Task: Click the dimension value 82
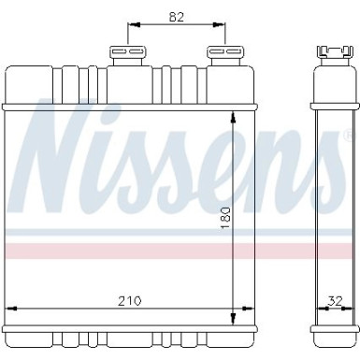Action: coord(173,15)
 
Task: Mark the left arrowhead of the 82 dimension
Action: coord(130,25)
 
